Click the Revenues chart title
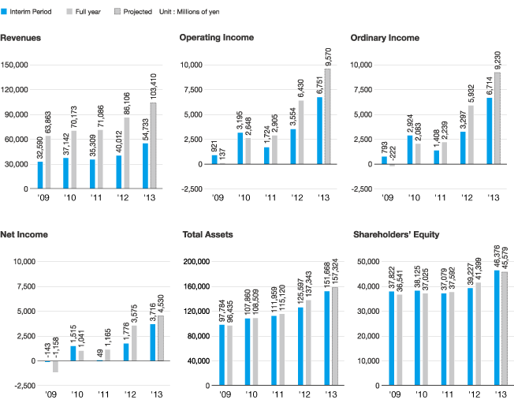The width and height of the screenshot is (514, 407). click(x=21, y=38)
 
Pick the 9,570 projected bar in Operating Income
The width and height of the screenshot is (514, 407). click(x=328, y=117)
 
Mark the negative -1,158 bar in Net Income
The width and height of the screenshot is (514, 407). click(x=55, y=367)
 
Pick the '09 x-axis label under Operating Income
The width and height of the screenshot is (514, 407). click(x=214, y=198)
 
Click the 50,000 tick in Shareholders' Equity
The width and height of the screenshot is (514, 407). click(x=371, y=262)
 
